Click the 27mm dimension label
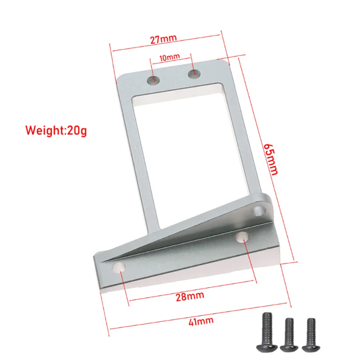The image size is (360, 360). [x=163, y=39]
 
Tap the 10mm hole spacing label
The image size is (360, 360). [x=169, y=57]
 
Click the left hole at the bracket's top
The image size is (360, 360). [x=153, y=80]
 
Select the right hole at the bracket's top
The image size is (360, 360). [x=193, y=73]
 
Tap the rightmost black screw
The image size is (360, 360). [x=311, y=334]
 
